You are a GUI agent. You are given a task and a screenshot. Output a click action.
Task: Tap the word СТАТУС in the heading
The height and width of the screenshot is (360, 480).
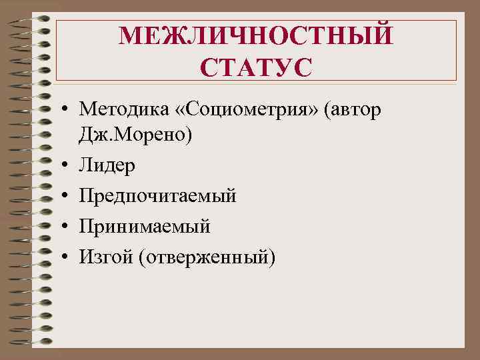click(x=256, y=67)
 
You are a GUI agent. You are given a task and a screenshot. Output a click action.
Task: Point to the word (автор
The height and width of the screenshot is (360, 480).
click(x=353, y=109)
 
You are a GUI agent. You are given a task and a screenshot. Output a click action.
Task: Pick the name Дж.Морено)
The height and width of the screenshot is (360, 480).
click(x=135, y=135)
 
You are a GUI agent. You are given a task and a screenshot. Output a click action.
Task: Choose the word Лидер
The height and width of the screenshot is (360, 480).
click(x=106, y=165)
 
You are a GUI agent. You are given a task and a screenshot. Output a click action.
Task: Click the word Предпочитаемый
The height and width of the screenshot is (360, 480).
click(x=156, y=196)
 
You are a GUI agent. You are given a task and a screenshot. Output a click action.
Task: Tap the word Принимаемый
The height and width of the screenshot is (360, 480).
click(x=144, y=227)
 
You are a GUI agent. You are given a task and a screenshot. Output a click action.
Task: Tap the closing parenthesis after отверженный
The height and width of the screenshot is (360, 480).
click(x=271, y=257)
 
